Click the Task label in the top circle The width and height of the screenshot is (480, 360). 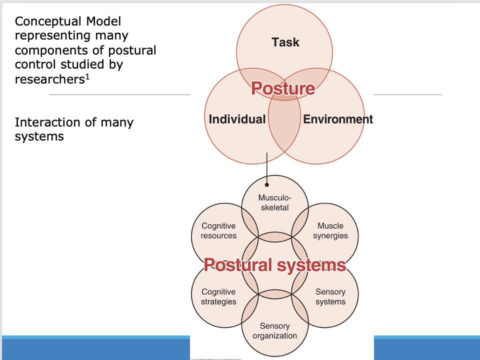pyautogui.click(x=285, y=42)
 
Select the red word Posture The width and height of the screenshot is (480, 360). pyautogui.click(x=283, y=88)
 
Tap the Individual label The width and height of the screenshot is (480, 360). pyautogui.click(x=237, y=119)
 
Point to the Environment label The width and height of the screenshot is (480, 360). pyautogui.click(x=338, y=119)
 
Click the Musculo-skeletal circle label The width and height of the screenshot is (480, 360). pyautogui.click(x=274, y=202)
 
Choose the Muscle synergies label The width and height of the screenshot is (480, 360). pyautogui.click(x=330, y=231)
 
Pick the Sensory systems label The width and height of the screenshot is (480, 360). pyautogui.click(x=330, y=296)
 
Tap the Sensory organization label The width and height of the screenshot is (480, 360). pyautogui.click(x=274, y=331)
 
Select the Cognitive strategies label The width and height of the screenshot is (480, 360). pyautogui.click(x=218, y=296)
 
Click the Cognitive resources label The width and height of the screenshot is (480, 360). pyautogui.click(x=218, y=231)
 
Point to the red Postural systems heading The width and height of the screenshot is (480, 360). pyautogui.click(x=274, y=264)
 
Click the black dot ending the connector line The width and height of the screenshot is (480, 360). pyautogui.click(x=267, y=184)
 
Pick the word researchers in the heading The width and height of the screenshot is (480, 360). pyautogui.click(x=48, y=79)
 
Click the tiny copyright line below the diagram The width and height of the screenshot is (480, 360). pyautogui.click(x=215, y=358)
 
